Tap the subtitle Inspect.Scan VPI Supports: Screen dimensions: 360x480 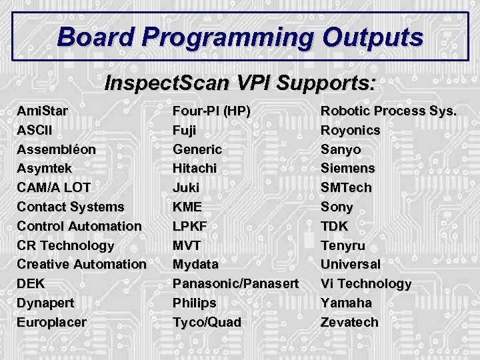(240, 83)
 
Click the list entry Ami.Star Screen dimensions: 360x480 (42, 111)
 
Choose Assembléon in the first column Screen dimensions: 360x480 (56, 149)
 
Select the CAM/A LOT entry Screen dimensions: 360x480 (54, 187)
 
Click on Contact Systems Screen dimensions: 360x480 (70, 207)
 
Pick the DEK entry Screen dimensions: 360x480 (31, 283)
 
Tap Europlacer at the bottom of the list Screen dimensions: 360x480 (51, 322)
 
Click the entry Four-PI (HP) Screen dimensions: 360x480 (211, 111)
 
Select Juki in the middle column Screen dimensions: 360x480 (186, 187)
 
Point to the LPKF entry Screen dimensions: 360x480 (190, 226)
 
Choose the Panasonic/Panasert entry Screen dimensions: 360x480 (235, 283)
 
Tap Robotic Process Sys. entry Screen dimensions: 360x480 (389, 111)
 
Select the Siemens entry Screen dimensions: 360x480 (347, 168)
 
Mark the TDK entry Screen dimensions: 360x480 (334, 226)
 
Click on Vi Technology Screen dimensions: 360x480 (366, 283)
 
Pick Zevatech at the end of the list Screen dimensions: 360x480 (349, 322)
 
